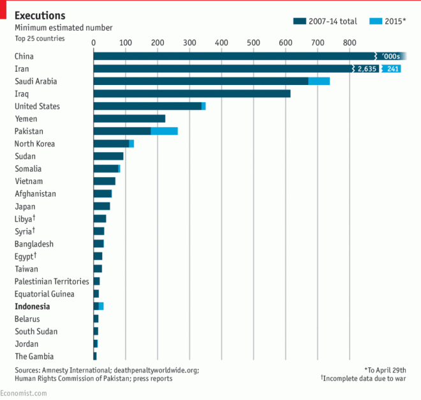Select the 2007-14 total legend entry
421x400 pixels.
coord(329,21)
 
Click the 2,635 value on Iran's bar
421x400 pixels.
coord(366,69)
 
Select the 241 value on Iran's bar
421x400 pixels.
coord(393,69)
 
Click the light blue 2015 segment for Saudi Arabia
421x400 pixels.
coord(319,81)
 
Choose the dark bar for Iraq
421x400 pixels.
coord(191,94)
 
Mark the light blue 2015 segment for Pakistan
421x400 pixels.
coord(164,131)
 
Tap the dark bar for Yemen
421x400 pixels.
coord(129,119)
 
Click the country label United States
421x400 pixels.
coord(37,106)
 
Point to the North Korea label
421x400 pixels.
coord(34,144)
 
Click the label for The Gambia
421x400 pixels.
coord(34,357)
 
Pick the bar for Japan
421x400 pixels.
coord(102,206)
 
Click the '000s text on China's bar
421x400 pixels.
coord(390,56)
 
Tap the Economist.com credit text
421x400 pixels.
coord(24,393)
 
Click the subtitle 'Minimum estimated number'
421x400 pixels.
coord(64,27)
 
